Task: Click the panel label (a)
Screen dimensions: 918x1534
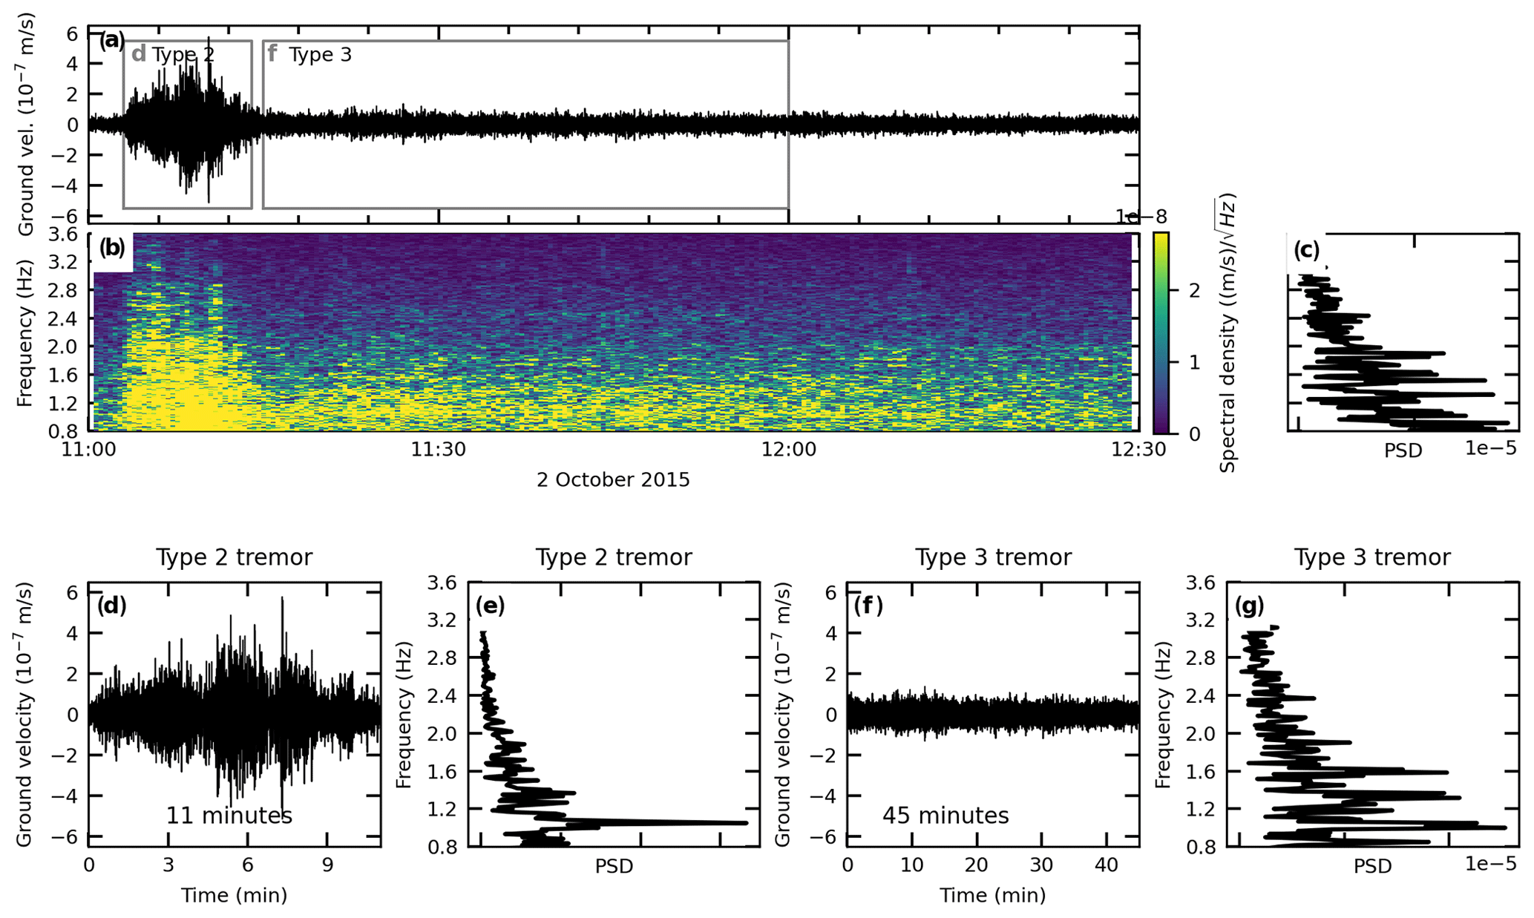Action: tap(112, 41)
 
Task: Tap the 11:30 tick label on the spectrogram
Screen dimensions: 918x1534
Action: tap(439, 450)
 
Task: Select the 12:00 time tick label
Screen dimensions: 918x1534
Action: tap(789, 450)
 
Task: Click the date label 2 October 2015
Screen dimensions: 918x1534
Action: tap(613, 480)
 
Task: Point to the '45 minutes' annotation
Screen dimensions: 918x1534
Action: tap(945, 816)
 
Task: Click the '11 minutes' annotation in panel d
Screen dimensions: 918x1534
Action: tap(229, 816)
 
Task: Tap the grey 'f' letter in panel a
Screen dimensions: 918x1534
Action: tap(272, 54)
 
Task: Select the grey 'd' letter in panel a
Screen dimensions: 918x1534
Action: tap(138, 54)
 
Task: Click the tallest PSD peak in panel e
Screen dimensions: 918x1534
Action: tap(744, 822)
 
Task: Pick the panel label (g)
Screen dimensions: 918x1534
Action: tap(1249, 606)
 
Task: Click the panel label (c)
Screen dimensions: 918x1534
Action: tap(1307, 250)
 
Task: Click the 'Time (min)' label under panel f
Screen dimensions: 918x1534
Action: tap(993, 896)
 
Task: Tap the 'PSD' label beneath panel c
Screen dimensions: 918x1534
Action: tap(1403, 450)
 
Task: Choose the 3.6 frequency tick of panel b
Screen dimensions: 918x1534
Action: tap(64, 235)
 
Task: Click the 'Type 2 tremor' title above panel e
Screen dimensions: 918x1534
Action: tap(614, 557)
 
